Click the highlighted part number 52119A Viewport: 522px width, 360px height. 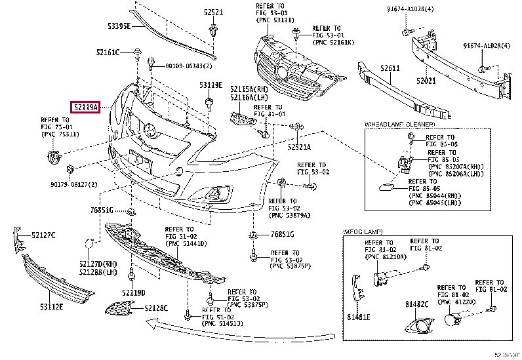[86, 106]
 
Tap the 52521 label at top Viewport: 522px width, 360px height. [213, 12]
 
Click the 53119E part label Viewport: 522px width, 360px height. [211, 85]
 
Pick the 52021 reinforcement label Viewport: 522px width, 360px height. [426, 81]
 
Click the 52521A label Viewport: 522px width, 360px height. [298, 148]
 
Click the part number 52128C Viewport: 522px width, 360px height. [156, 308]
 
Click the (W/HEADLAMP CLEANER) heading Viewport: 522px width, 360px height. [399, 123]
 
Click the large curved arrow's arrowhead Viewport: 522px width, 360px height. [150, 323]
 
